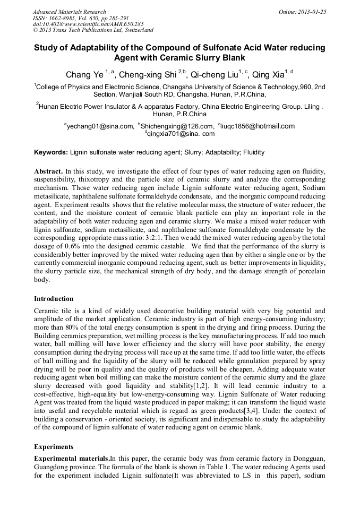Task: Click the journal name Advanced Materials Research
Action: pos(69,12)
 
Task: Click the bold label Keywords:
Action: pos(51,152)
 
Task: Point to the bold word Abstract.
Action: pos(48,172)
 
